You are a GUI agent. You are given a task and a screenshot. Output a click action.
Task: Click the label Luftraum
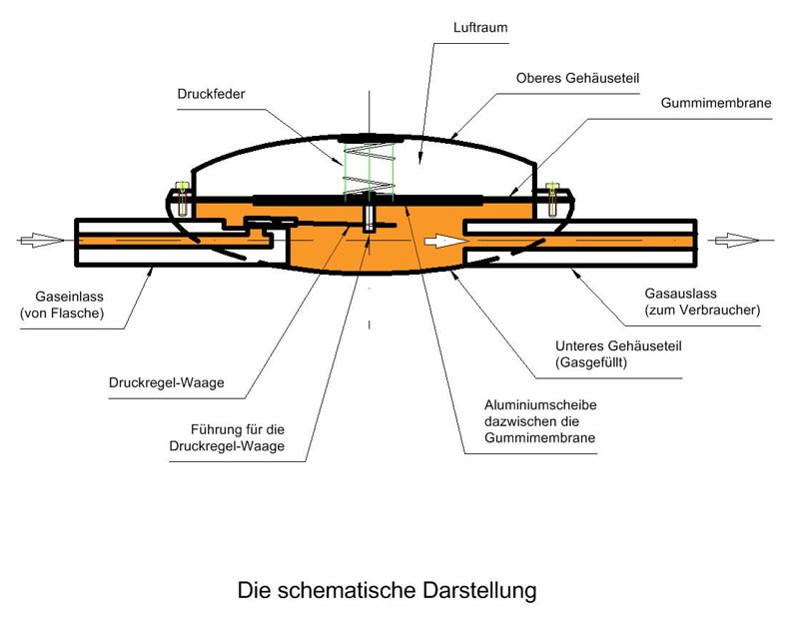click(x=482, y=28)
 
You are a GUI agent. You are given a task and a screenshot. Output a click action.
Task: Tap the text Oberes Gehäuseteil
click(x=576, y=76)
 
